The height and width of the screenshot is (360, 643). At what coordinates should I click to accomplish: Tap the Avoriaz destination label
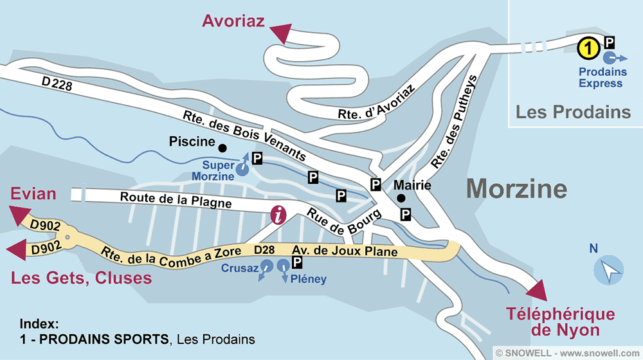[233, 21]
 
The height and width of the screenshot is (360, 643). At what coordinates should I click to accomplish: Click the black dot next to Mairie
[401, 198]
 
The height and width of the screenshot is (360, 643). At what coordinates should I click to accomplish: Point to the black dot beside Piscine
[222, 147]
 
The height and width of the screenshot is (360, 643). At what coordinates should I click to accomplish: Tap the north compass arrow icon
[608, 269]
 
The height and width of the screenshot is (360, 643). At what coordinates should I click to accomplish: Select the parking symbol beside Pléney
[297, 262]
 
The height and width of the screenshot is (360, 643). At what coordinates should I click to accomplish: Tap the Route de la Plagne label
[176, 201]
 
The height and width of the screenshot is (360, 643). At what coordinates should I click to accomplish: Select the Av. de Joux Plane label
[345, 251]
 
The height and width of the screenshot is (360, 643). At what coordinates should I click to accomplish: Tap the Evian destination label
[33, 194]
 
